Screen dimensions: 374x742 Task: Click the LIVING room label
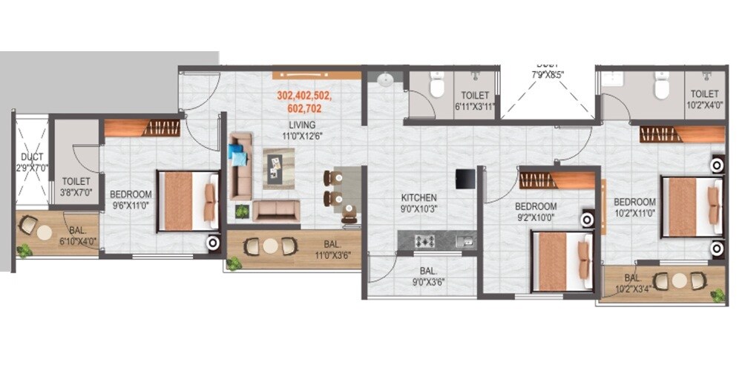coord(303,125)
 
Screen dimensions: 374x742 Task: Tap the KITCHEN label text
coord(418,198)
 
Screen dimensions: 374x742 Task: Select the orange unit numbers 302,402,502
coord(304,96)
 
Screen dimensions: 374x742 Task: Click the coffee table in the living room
coord(278,165)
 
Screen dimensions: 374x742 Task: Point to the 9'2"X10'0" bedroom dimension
coord(535,217)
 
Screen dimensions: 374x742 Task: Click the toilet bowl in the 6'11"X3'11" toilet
coord(437,88)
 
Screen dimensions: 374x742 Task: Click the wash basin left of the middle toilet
coord(386,79)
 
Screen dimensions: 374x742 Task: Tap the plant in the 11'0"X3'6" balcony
coord(234,263)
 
